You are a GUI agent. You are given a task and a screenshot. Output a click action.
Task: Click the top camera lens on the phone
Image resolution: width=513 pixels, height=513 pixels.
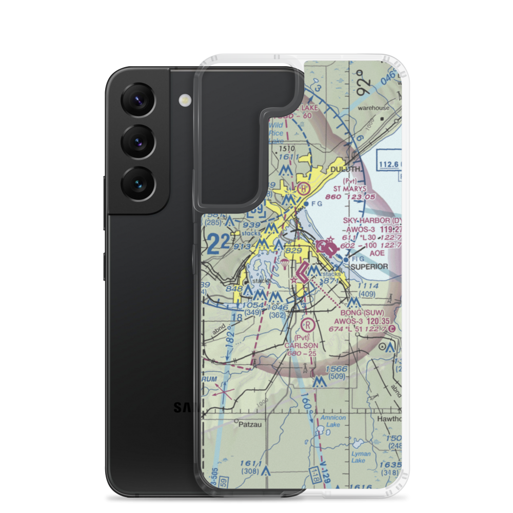(x=137, y=101)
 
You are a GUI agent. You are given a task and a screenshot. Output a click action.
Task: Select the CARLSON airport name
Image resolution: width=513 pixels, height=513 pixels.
(x=301, y=345)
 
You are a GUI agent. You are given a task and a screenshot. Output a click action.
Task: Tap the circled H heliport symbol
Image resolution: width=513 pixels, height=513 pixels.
(x=304, y=189)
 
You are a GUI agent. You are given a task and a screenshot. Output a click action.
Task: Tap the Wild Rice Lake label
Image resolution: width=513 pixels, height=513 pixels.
(x=275, y=133)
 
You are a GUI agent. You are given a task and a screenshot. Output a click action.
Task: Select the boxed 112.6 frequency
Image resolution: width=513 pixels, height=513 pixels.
(x=389, y=164)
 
